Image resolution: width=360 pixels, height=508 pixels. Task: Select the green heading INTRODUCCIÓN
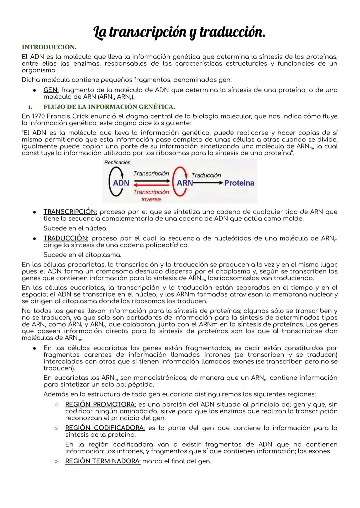[49, 47]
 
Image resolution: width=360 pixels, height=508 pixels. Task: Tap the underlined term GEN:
[51, 90]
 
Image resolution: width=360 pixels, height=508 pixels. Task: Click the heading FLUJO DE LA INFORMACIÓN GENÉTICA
[109, 107]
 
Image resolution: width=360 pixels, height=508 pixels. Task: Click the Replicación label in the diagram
[117, 163]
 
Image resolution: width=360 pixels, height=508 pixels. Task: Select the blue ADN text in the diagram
[121, 183]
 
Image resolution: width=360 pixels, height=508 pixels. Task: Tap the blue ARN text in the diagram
[185, 183]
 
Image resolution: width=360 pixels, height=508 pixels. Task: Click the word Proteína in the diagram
[239, 183]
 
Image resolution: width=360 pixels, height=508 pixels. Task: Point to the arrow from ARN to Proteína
[208, 183]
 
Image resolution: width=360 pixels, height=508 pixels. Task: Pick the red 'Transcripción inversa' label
[151, 196]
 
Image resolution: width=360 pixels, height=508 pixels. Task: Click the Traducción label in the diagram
[206, 175]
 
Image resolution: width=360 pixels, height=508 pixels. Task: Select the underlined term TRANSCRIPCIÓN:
[70, 212]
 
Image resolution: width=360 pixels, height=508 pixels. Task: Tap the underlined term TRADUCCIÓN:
[66, 239]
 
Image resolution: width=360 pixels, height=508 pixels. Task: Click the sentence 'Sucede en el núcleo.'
[75, 229]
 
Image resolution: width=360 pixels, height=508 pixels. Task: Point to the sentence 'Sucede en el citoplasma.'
[82, 255]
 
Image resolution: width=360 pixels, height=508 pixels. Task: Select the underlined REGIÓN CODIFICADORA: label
[105, 428]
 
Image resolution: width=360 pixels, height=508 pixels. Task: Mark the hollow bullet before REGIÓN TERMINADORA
[57, 461]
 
